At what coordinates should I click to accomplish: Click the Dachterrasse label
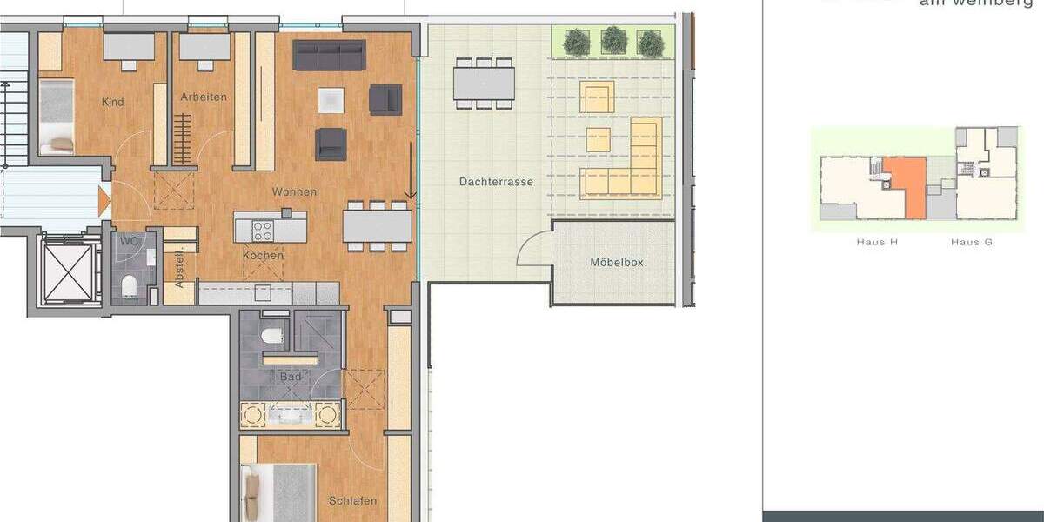tap(496, 182)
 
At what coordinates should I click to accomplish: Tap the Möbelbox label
tap(616, 262)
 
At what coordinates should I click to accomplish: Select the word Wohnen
tap(294, 191)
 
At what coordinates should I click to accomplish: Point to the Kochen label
tap(263, 256)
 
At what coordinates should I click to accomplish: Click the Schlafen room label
tap(353, 500)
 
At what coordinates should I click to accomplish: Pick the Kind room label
tap(113, 102)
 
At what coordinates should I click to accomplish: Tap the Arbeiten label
tap(204, 97)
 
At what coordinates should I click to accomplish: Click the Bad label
tap(291, 378)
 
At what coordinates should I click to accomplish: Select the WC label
tap(130, 239)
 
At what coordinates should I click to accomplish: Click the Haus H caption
tap(877, 242)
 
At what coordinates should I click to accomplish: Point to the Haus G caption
tap(972, 242)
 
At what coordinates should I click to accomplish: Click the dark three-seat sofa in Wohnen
tap(329, 55)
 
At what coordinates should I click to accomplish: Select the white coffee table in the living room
tap(331, 100)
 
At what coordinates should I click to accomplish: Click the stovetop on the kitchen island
tap(263, 231)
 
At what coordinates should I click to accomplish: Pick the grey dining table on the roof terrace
tap(483, 84)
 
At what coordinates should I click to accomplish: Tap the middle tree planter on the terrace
tap(614, 40)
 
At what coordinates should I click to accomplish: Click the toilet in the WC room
tap(130, 284)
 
